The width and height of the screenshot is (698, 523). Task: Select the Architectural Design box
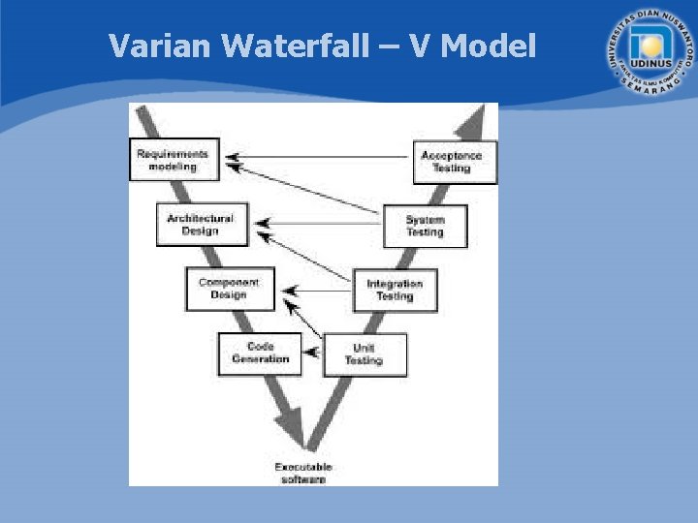(201, 225)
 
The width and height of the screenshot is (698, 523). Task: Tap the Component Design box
(230, 289)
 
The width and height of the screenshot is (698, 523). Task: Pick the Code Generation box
(260, 354)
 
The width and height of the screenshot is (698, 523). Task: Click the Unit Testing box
(365, 354)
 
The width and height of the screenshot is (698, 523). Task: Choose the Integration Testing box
(395, 290)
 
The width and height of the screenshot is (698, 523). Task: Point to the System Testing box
(425, 226)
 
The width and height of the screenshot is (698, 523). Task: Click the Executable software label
(303, 473)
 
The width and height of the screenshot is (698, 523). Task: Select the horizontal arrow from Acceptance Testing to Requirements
(320, 157)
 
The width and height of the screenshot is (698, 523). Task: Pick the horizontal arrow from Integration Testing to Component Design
(320, 288)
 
